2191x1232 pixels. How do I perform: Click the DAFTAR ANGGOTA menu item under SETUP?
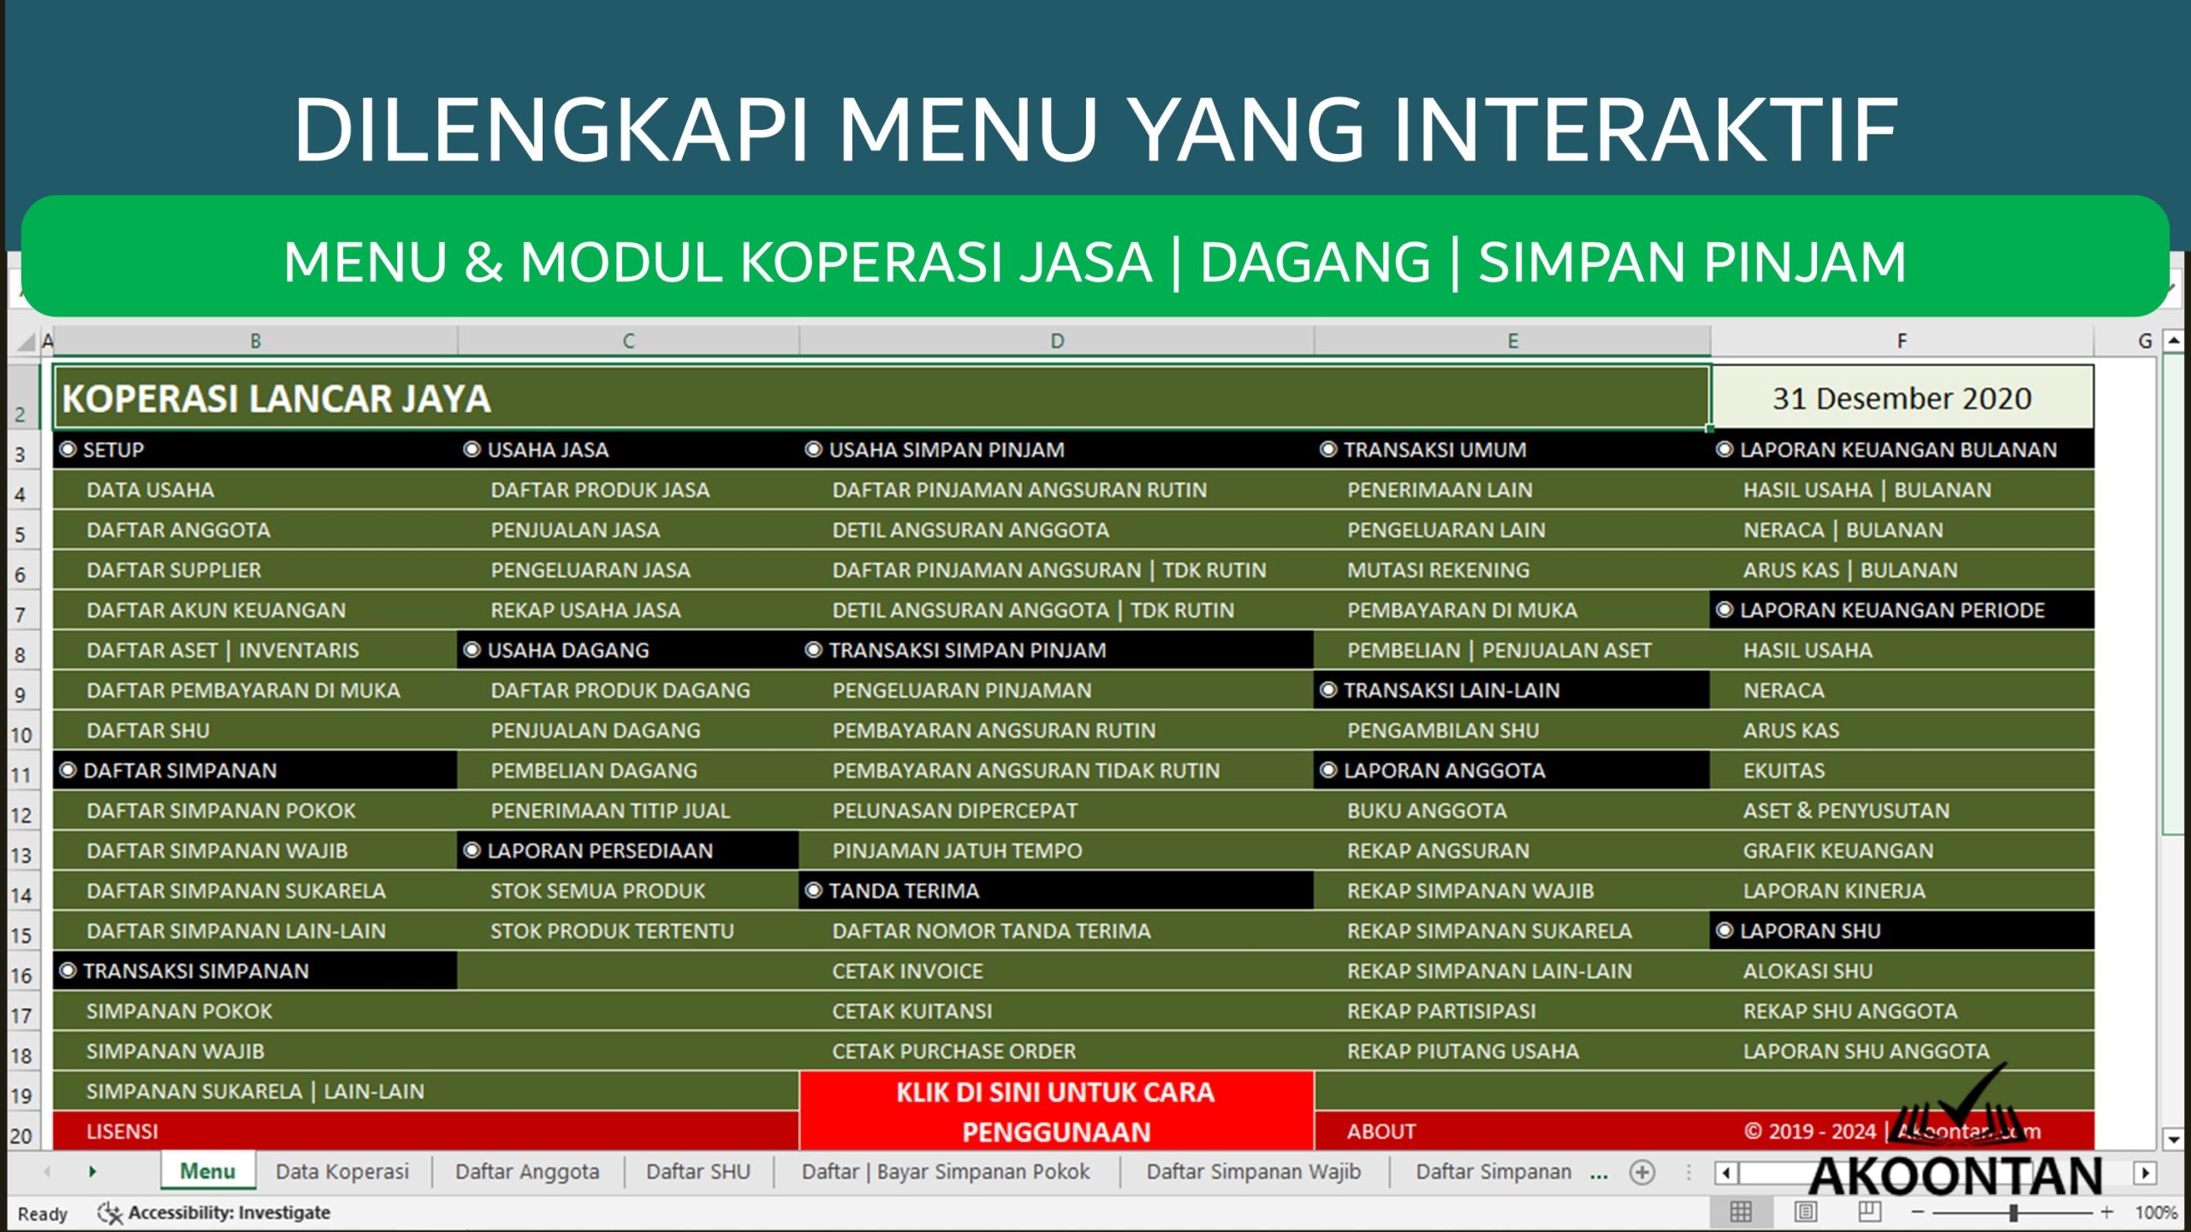(178, 530)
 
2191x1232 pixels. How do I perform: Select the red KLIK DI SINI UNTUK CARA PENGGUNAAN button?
(1055, 1111)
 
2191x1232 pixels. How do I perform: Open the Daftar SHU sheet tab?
(698, 1171)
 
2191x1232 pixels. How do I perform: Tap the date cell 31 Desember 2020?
(1901, 399)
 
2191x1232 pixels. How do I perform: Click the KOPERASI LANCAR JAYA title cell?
(276, 399)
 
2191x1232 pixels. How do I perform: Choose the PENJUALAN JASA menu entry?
(575, 530)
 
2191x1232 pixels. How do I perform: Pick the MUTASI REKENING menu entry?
(1438, 571)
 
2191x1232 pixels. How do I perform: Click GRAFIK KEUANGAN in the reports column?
(1838, 851)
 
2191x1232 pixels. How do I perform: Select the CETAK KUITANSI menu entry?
(911, 1011)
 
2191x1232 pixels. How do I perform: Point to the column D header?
(1057, 341)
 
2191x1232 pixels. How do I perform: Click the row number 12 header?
(21, 814)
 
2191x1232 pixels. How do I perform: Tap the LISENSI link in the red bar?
(122, 1132)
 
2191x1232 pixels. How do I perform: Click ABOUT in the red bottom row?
(1381, 1132)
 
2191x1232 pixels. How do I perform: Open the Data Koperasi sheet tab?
(342, 1171)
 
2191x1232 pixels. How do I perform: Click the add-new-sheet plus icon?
(1642, 1172)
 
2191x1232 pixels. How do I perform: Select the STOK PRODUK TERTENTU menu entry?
(612, 931)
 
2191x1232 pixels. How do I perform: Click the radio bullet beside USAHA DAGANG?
(472, 650)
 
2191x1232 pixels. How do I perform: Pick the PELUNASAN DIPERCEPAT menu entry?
(954, 811)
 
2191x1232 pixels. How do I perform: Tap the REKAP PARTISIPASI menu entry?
(1440, 1011)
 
